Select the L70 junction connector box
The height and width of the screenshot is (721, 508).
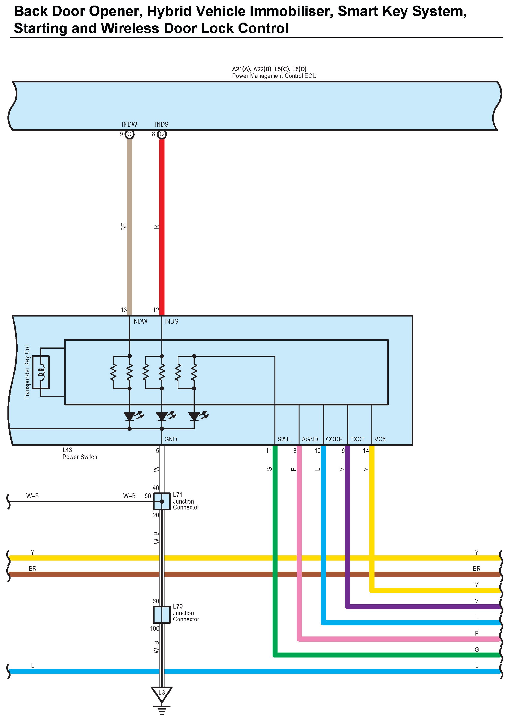(x=162, y=614)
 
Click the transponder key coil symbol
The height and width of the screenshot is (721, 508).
(x=41, y=372)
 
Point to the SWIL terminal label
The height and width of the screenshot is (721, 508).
(x=284, y=439)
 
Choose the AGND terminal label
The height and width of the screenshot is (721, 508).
(x=310, y=439)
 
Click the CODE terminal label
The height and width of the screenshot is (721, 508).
(x=334, y=439)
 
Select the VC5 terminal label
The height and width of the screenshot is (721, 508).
(x=380, y=439)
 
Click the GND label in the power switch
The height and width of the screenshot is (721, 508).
(x=171, y=439)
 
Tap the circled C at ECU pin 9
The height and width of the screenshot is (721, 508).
(x=129, y=134)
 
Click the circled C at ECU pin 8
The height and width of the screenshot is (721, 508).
(x=162, y=134)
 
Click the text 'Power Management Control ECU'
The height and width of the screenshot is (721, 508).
(x=274, y=76)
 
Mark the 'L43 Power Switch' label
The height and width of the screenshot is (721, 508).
(x=79, y=453)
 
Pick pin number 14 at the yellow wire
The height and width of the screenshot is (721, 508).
(x=366, y=451)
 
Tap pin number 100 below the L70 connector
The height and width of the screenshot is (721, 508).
(x=154, y=628)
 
